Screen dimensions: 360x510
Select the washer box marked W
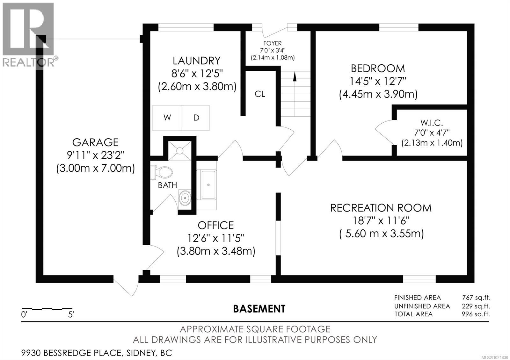click(x=167, y=118)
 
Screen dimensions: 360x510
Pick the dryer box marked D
click(x=196, y=118)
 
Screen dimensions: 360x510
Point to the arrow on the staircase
click(x=295, y=77)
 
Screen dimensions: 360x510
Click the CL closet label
click(x=260, y=94)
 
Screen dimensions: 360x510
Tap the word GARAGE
click(x=95, y=142)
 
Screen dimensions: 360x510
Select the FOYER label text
click(x=272, y=43)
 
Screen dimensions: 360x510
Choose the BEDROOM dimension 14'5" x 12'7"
click(x=378, y=81)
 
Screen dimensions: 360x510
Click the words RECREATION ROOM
click(x=381, y=208)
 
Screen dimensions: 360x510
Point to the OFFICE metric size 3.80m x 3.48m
click(x=216, y=251)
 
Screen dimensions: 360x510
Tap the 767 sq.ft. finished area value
click(x=476, y=298)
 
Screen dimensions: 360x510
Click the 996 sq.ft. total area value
click(x=476, y=314)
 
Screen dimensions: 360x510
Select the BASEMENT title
click(x=259, y=309)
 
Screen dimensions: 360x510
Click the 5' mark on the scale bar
click(x=71, y=315)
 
